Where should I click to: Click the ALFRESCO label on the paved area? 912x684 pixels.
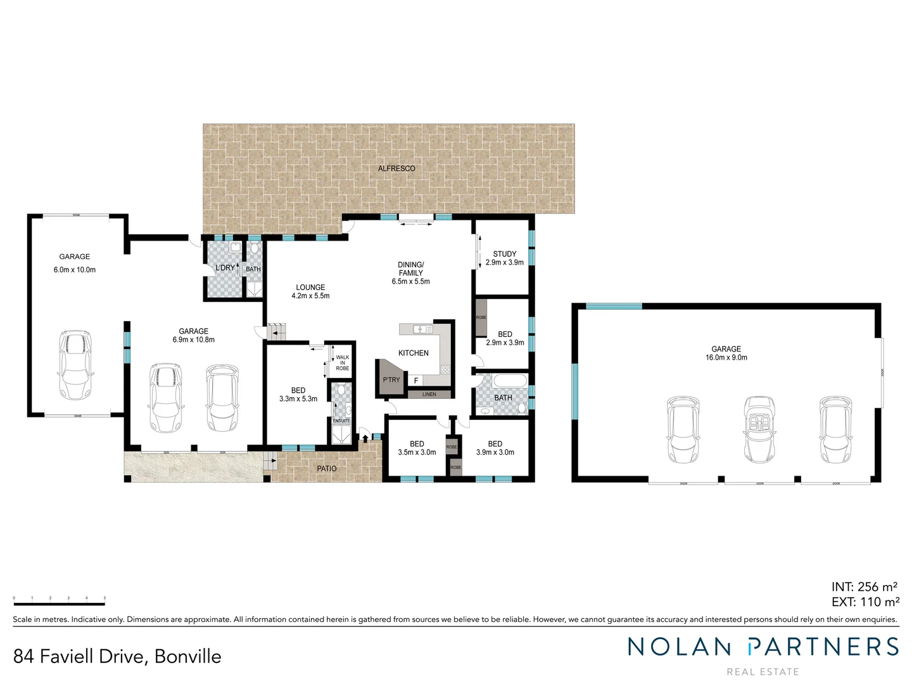396,168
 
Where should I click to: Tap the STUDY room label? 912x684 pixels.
505,254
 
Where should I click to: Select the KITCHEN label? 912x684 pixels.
414,353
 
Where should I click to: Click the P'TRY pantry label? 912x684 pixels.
391,380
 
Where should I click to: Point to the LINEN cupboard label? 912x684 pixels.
429,395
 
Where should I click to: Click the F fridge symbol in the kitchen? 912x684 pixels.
416,381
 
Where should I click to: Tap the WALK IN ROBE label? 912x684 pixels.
343,363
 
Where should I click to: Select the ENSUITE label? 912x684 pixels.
341,421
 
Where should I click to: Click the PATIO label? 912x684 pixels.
327,469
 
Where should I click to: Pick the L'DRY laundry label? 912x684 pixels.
225,268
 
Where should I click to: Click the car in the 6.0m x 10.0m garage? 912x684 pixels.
75,365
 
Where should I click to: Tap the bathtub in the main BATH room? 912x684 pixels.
509,381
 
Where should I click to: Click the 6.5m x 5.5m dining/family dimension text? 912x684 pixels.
410,282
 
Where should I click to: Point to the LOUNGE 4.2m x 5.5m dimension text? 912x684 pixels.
310,296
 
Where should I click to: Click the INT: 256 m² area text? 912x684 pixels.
864,587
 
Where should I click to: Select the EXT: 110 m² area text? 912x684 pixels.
865,602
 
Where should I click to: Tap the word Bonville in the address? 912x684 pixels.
188,657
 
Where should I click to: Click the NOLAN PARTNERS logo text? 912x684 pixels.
763,647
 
